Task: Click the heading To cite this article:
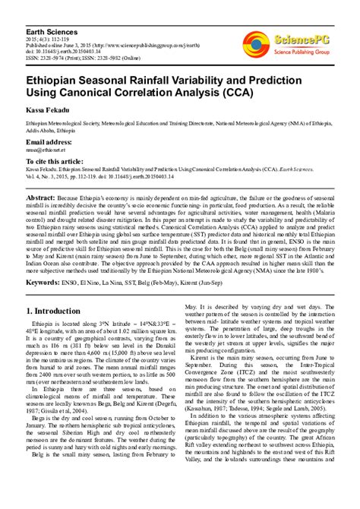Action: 61,163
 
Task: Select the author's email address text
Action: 46,151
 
